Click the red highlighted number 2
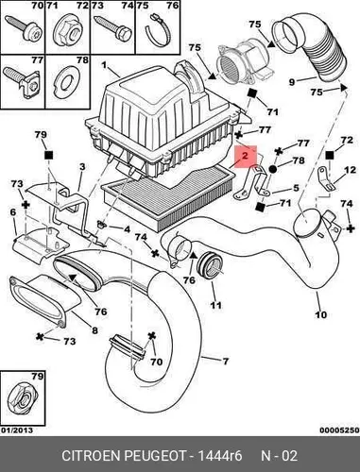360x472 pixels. (x=245, y=155)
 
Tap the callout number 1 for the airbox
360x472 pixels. (x=104, y=66)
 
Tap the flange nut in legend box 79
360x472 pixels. (x=22, y=396)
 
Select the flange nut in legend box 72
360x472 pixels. (x=68, y=32)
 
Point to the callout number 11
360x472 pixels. (x=215, y=305)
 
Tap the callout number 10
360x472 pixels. (x=321, y=314)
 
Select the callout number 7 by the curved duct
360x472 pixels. (x=225, y=362)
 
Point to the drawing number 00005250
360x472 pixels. (x=339, y=430)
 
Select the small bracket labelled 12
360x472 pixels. (x=326, y=178)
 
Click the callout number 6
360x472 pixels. (x=13, y=212)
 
